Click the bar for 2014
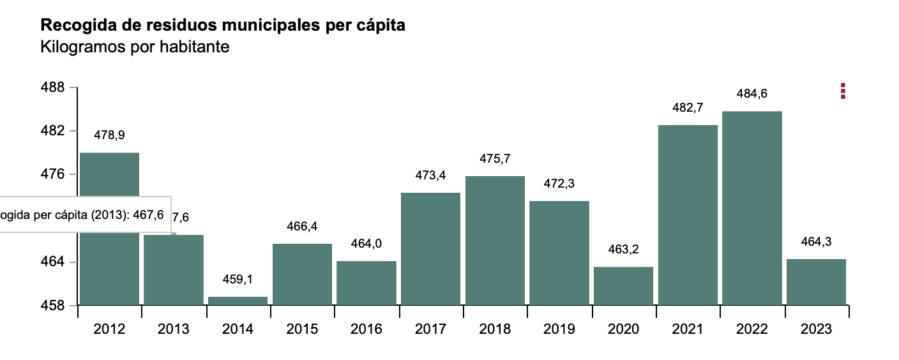coord(238,301)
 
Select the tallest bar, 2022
coord(752,208)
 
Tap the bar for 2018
coord(495,241)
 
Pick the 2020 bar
coord(623,286)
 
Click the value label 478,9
coord(109,135)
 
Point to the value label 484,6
coord(752,94)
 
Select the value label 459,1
coord(238,280)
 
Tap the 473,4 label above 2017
coord(430,176)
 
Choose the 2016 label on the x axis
coord(366,329)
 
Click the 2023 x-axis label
coord(816,329)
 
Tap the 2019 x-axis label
coord(559,329)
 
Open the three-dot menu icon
coord(843,91)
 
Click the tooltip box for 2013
coord(83,215)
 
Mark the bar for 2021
coord(688,214)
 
